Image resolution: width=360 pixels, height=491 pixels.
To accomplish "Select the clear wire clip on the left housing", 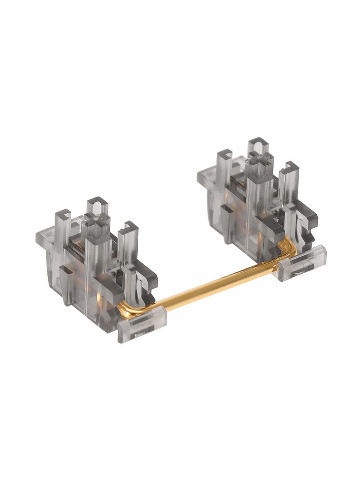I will click(x=142, y=322).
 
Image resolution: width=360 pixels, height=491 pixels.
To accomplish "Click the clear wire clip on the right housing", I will click(x=302, y=262).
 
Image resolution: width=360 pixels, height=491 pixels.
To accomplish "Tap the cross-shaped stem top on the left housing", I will click(x=95, y=221).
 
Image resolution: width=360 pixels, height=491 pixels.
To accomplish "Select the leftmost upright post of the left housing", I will click(x=63, y=225).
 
